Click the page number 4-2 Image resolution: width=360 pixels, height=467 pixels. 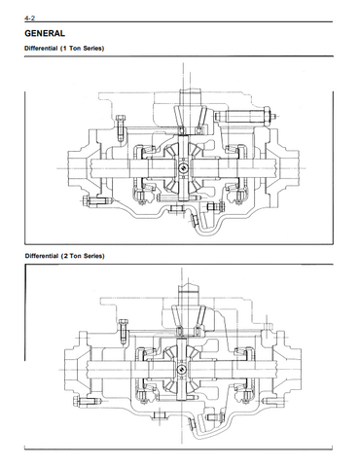click(x=29, y=18)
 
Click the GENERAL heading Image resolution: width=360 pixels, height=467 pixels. click(x=45, y=33)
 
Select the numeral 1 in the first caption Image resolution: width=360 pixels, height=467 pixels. click(x=65, y=49)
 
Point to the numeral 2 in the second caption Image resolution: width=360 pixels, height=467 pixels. click(x=65, y=256)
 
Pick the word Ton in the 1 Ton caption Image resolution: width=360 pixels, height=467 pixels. click(x=75, y=49)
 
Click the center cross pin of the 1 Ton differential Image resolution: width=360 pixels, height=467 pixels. click(x=183, y=167)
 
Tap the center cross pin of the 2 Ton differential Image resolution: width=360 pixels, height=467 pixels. click(x=182, y=369)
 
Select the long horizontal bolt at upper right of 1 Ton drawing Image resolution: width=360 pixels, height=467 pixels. click(x=245, y=115)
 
